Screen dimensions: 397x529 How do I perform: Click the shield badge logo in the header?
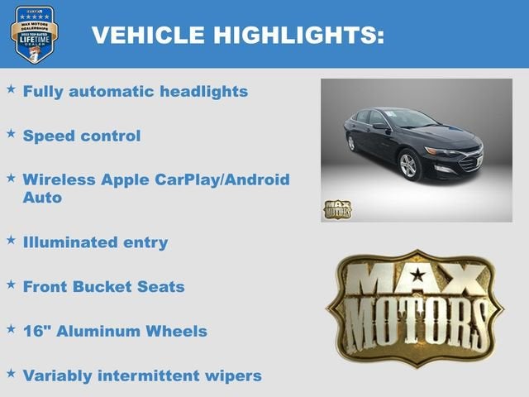[x=34, y=34]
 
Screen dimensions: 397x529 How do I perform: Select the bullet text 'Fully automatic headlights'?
[x=136, y=92]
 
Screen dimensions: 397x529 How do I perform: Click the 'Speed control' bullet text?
[x=82, y=136]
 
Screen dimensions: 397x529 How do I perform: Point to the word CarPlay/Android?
[x=223, y=179]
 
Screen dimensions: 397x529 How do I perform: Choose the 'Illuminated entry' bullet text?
[x=95, y=242]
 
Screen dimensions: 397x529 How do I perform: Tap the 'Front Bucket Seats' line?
[x=103, y=287]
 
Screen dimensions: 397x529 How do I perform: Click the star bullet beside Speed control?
[x=11, y=132]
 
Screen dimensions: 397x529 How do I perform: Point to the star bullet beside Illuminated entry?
[x=11, y=239]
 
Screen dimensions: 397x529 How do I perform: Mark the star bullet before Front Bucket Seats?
[x=11, y=284]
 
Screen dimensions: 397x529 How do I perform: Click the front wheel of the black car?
[x=409, y=165]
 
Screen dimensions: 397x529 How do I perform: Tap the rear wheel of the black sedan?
[x=351, y=143]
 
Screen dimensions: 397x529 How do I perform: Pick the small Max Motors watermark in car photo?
[x=337, y=209]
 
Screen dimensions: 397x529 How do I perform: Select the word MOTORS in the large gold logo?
[x=415, y=324]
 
